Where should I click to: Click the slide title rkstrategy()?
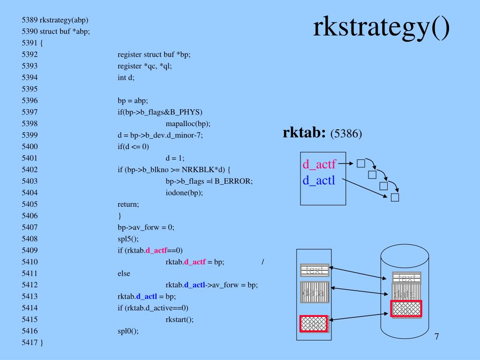[x=381, y=28]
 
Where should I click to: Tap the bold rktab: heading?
[x=304, y=133]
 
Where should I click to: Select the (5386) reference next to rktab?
[x=346, y=134]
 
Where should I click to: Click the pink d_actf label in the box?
[x=319, y=164]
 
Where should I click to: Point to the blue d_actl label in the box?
[x=319, y=180]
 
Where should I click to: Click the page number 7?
[x=436, y=337]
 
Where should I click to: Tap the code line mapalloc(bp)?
[x=188, y=124]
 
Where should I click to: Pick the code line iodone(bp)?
[x=184, y=193]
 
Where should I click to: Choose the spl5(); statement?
[x=128, y=239]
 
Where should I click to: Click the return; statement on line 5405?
[x=128, y=204]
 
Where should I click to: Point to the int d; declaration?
[x=126, y=77]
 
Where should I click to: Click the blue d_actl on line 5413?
[x=147, y=296]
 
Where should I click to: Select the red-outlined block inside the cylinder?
[x=406, y=309]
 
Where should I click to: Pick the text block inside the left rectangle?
[x=315, y=270]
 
